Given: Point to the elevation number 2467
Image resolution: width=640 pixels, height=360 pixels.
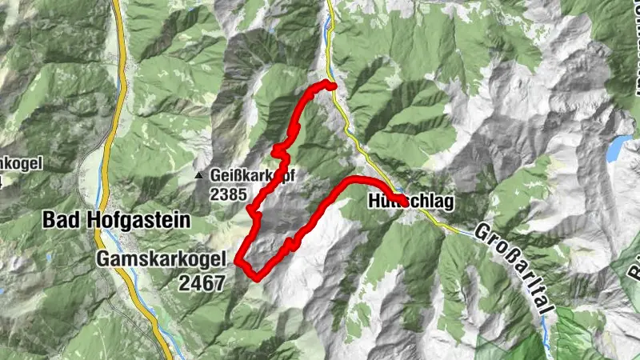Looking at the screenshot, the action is click(x=202, y=281).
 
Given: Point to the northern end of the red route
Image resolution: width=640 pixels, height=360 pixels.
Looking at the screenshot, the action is click(x=330, y=86).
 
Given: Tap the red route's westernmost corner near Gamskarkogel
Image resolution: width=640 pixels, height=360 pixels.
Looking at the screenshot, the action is click(x=238, y=259).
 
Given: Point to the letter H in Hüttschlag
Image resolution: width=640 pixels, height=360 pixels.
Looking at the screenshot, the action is click(x=374, y=202).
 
